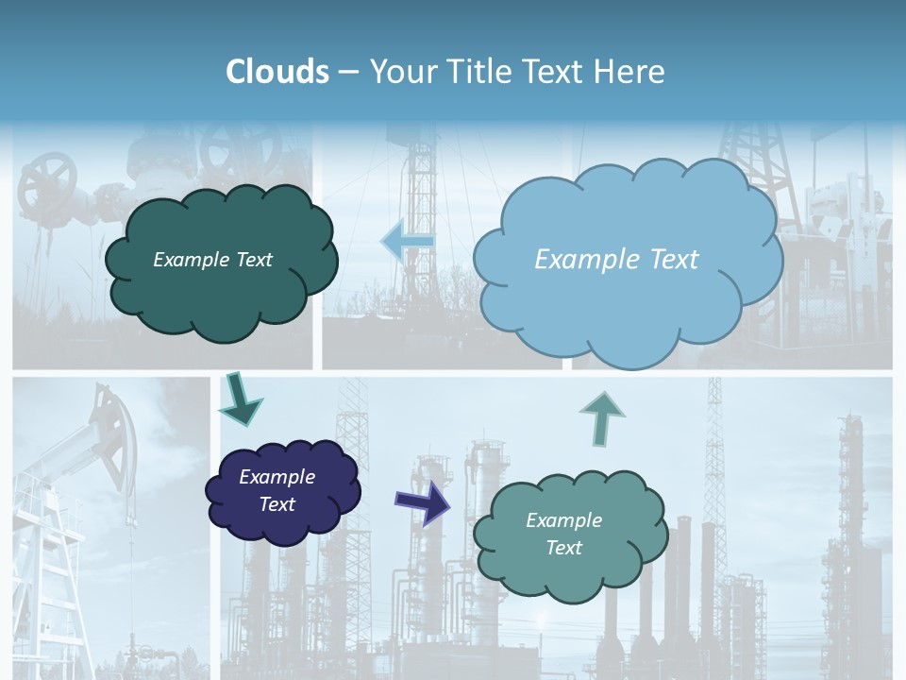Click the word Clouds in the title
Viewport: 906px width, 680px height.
277,72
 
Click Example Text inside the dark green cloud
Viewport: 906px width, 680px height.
212,260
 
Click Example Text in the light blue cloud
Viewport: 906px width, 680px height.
616,260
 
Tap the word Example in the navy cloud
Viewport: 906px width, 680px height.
277,477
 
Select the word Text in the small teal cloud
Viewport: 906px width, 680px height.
563,548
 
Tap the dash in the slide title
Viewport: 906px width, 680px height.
348,72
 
